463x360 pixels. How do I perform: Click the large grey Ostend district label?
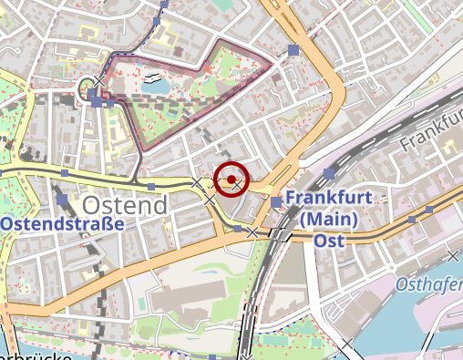coord(126,204)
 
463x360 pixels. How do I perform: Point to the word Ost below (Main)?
coord(328,241)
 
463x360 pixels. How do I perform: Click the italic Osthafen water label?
coord(428,285)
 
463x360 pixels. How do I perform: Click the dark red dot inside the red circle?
coord(232,179)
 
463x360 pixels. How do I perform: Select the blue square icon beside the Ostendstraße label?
coord(62,200)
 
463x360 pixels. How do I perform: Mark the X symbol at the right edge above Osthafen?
coord(453,256)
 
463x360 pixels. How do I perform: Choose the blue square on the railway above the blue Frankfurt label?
coord(329,173)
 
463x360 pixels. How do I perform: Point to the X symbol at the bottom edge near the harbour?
coord(347,344)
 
